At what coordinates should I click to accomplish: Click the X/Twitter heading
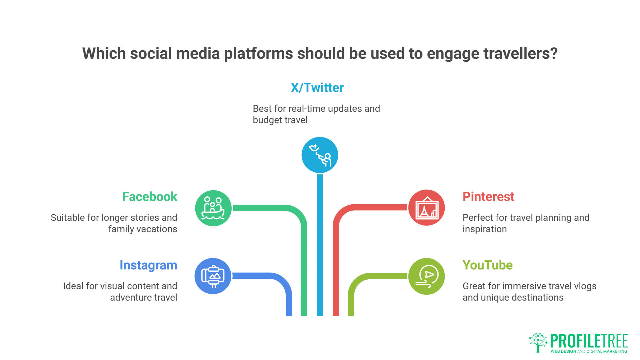tap(317, 88)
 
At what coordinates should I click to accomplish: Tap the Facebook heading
tap(150, 197)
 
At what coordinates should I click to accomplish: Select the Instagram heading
tap(148, 266)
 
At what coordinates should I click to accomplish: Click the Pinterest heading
tap(488, 197)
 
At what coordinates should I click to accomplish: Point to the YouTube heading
tap(488, 265)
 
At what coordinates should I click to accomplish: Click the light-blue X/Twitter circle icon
tap(320, 155)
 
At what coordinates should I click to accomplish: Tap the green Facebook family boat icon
tap(213, 208)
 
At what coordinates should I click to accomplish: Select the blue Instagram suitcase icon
tap(213, 276)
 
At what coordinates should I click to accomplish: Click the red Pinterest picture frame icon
tap(427, 208)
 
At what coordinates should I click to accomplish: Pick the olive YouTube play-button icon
tap(427, 276)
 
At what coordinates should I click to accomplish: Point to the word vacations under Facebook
tap(157, 229)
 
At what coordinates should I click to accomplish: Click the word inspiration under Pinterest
tap(485, 229)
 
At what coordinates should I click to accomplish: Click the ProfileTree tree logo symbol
tap(538, 342)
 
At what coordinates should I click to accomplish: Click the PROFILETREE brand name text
tap(589, 341)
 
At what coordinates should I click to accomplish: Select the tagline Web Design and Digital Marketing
tap(589, 351)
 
